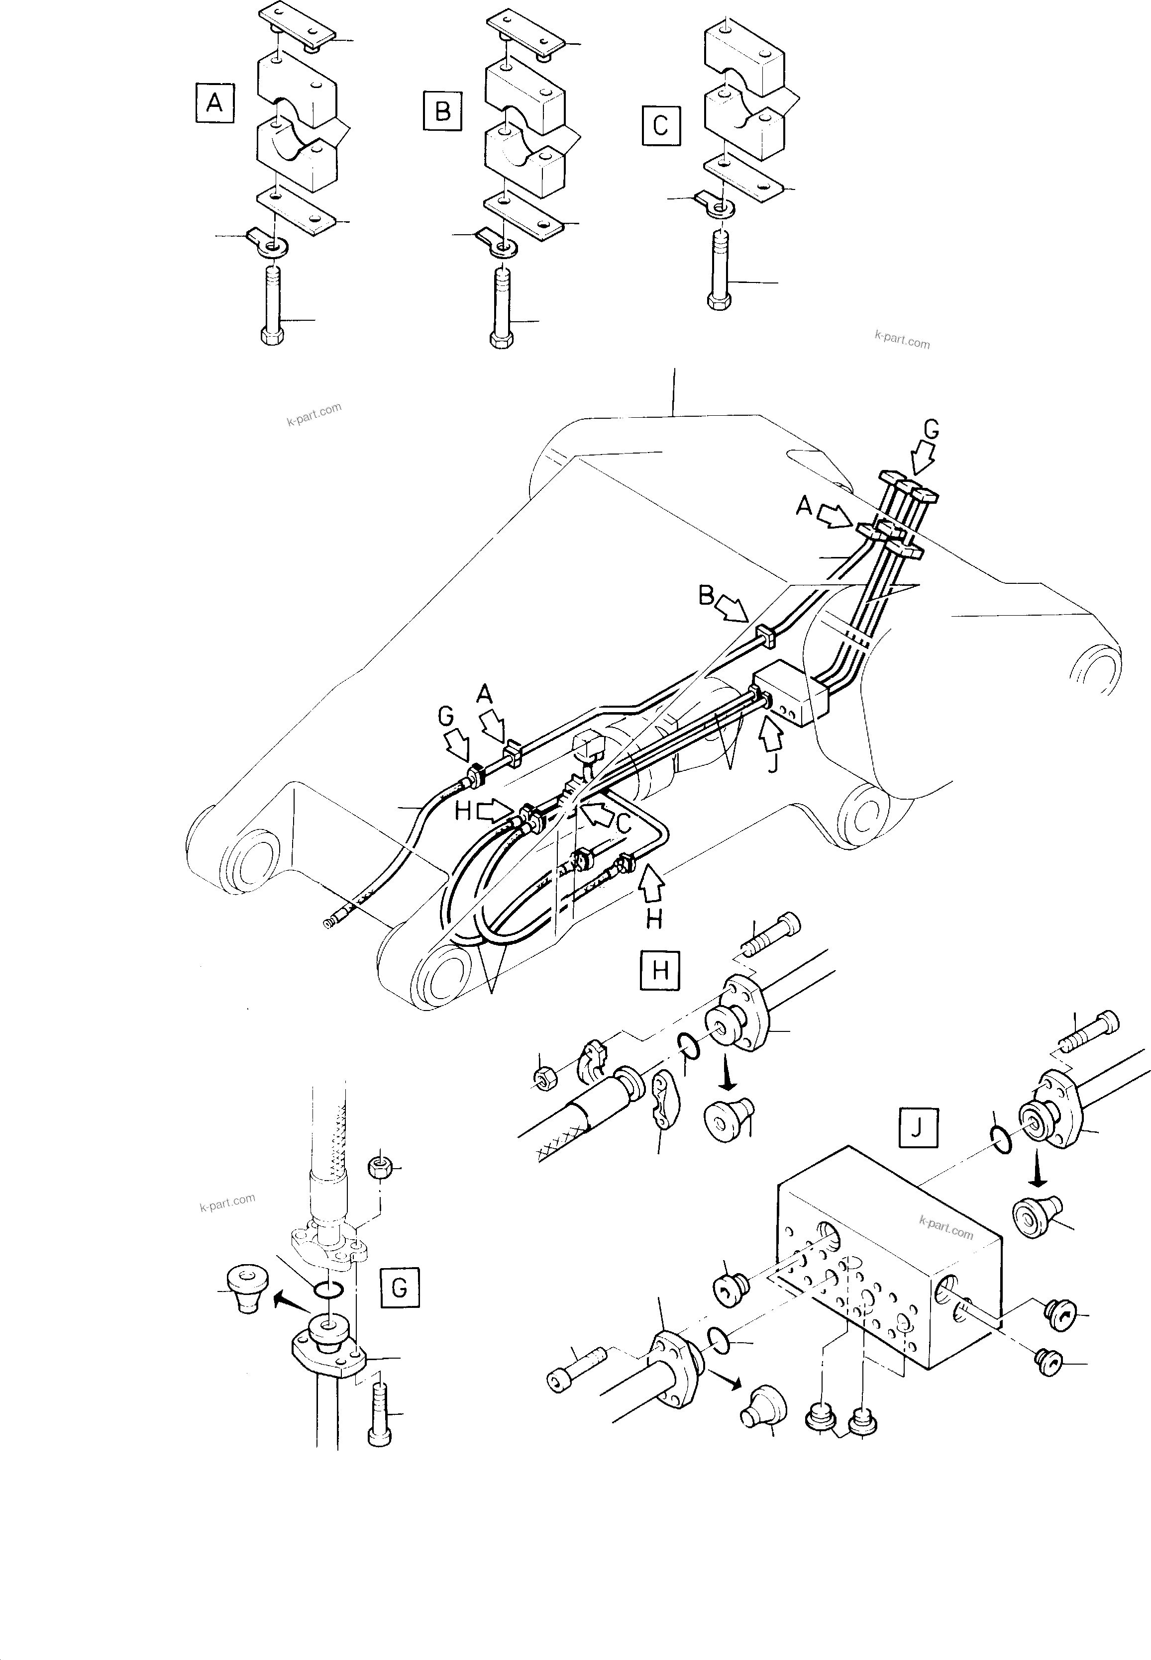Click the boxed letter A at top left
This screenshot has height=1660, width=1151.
(214, 104)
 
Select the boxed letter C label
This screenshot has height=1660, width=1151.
(660, 126)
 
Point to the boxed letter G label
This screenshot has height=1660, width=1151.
(399, 1288)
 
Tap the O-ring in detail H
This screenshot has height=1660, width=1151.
(689, 1046)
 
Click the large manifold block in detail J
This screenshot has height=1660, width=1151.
(887, 1269)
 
